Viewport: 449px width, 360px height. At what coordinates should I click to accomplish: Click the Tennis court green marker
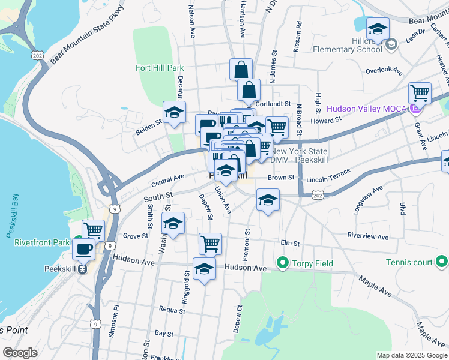pos(442,262)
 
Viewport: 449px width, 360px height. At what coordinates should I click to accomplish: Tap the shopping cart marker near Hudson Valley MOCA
pos(420,92)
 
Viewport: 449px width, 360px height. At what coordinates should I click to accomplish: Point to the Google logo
pos(20,352)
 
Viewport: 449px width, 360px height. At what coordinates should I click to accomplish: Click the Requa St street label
pos(172,310)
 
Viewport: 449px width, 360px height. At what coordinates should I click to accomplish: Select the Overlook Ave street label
pos(384,70)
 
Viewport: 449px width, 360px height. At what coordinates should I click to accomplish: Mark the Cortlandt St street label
pos(273,103)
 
